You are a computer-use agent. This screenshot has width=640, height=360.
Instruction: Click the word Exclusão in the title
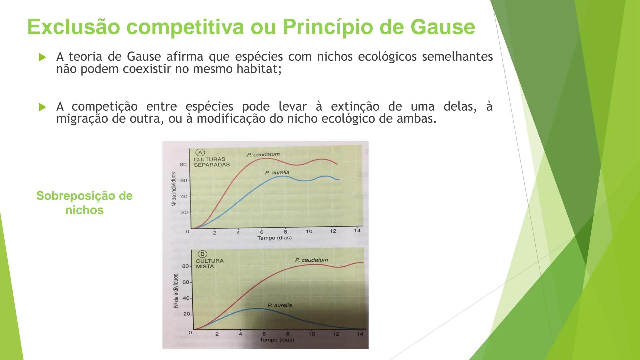pyautogui.click(x=74, y=27)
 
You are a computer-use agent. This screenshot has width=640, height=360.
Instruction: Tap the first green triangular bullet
pyautogui.click(x=42, y=57)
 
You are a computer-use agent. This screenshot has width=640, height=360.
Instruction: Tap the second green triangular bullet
pyautogui.click(x=42, y=107)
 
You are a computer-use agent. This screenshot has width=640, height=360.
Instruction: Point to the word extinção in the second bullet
pyautogui.click(x=355, y=107)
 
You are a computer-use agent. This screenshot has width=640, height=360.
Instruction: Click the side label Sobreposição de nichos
pyautogui.click(x=84, y=203)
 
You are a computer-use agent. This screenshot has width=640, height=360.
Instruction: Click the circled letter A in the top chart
pyautogui.click(x=200, y=153)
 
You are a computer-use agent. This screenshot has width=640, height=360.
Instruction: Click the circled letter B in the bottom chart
pyautogui.click(x=202, y=254)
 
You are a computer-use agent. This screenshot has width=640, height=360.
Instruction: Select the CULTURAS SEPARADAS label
pyautogui.click(x=211, y=162)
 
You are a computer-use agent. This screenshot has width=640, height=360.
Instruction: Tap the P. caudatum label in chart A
pyautogui.click(x=263, y=155)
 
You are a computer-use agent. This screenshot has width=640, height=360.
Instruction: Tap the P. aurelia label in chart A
pyautogui.click(x=277, y=173)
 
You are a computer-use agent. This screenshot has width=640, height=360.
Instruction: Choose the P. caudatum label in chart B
pyautogui.click(x=311, y=260)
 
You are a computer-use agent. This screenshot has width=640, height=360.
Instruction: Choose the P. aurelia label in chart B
pyautogui.click(x=279, y=305)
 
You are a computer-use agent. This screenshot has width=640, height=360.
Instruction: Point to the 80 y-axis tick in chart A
pyautogui.click(x=183, y=164)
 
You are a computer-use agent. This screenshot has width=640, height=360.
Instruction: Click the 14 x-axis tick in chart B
pyautogui.click(x=360, y=334)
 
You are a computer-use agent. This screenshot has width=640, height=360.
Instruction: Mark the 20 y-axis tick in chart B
pyautogui.click(x=186, y=314)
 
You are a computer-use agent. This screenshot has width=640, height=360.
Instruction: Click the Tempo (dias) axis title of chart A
pyautogui.click(x=274, y=238)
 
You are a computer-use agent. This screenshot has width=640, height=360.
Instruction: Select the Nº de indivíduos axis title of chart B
pyautogui.click(x=176, y=291)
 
